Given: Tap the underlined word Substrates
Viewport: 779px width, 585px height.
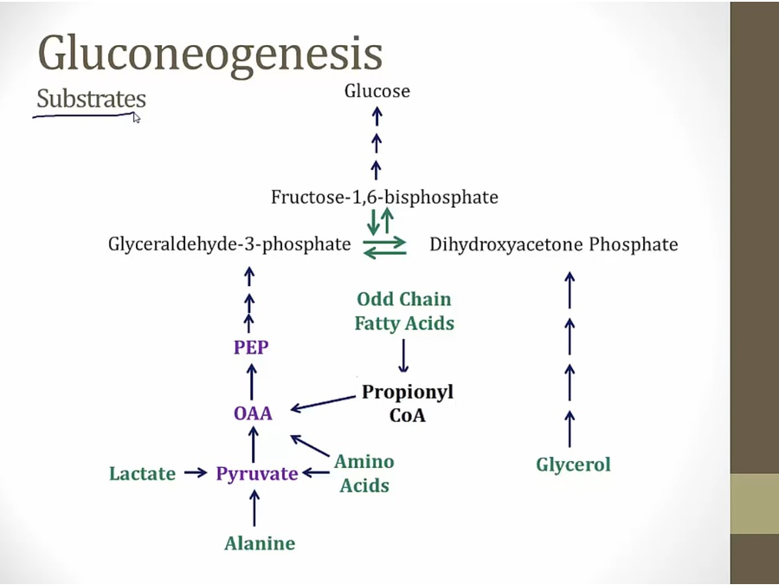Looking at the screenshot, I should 91,99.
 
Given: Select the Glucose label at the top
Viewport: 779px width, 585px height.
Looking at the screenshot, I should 377,91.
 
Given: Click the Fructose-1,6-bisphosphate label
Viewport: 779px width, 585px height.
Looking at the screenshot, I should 384,198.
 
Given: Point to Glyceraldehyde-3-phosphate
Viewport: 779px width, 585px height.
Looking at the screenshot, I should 229,244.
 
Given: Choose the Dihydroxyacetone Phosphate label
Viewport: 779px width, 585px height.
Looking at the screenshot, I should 553,244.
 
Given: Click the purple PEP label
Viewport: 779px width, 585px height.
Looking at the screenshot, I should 251,348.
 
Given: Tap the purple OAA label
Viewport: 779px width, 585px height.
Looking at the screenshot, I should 253,413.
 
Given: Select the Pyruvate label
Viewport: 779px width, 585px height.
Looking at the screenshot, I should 257,474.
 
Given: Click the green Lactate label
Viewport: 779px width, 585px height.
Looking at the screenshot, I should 142,474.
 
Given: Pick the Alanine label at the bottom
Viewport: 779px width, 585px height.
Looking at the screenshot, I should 260,544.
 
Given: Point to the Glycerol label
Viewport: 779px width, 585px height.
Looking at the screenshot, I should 573,465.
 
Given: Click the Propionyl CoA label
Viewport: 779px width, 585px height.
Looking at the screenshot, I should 408,403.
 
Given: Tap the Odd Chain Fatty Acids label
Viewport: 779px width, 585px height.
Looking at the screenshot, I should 404,311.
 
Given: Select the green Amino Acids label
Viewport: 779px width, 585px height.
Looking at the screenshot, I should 364,473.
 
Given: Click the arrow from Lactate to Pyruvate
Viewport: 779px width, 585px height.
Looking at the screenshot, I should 196,473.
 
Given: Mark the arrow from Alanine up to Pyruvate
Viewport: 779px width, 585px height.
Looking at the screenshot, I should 254,509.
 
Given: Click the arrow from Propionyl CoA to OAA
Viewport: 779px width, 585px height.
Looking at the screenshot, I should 324,402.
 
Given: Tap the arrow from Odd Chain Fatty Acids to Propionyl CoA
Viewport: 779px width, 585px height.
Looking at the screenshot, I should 403,355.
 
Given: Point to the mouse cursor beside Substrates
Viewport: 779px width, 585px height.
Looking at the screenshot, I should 136,118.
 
